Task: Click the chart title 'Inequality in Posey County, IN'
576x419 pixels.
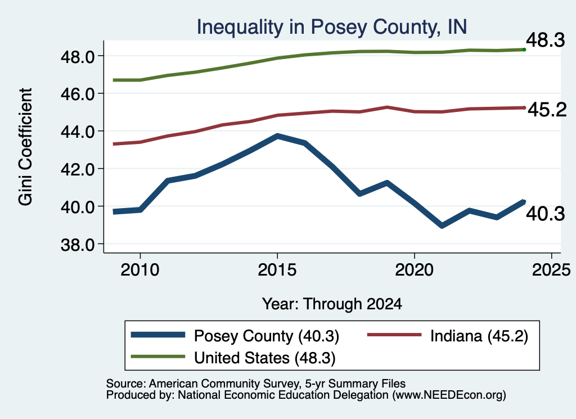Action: pos(332,27)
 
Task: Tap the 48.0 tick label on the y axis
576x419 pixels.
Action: pos(78,57)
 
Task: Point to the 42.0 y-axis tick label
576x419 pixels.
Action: pos(78,170)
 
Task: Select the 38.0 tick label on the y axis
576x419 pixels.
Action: pos(78,245)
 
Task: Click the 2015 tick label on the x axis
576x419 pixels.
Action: pos(277,271)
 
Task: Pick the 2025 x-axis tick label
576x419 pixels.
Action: pos(551,271)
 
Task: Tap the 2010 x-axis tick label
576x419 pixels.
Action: pos(140,271)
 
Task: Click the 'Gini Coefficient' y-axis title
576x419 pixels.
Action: pos(25,147)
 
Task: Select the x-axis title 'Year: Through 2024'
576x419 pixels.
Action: pos(332,304)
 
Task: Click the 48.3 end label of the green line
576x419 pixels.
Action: pos(546,40)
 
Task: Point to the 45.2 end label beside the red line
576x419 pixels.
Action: pos(547,110)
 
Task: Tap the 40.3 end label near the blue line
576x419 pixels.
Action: pos(546,214)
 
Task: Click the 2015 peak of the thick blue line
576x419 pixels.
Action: pos(277,136)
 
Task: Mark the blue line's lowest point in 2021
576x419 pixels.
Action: pos(442,226)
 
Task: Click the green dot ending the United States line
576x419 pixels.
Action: pos(524,49)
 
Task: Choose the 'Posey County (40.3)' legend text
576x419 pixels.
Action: pos(267,336)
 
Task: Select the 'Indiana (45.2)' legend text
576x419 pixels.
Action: pos(479,336)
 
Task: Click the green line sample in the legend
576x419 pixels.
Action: pos(158,357)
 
